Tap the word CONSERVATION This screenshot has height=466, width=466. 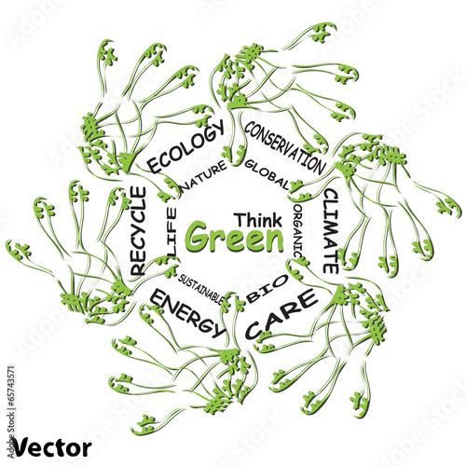[x=284, y=147]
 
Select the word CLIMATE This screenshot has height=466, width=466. [x=331, y=231]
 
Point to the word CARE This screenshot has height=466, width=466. [x=282, y=314]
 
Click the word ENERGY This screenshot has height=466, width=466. [x=187, y=313]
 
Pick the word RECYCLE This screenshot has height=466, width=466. [x=137, y=231]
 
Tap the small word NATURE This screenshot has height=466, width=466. [x=204, y=175]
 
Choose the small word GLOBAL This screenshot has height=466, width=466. [x=267, y=174]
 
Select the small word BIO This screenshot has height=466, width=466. [x=267, y=289]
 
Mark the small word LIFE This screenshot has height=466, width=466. [x=171, y=232]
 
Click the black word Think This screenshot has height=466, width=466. [x=258, y=220]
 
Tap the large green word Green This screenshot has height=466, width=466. [x=235, y=238]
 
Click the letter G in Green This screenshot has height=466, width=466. [x=199, y=237]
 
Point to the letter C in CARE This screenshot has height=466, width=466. [x=255, y=330]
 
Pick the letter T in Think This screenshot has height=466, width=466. [x=240, y=220]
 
